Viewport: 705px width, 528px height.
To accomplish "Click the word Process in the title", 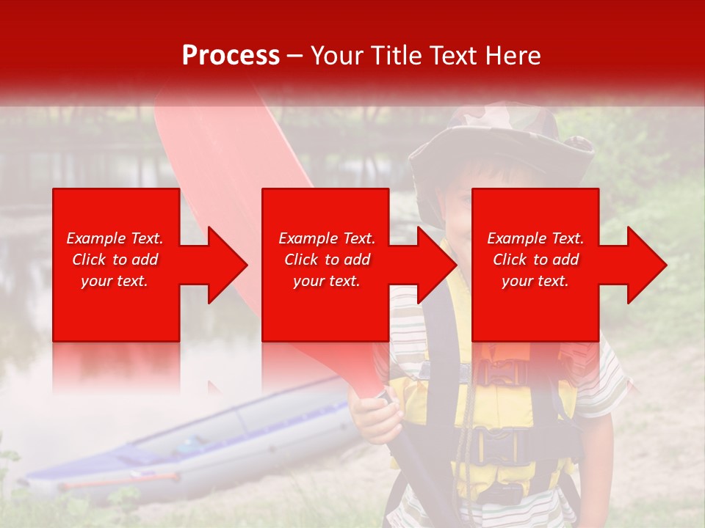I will click(231, 56).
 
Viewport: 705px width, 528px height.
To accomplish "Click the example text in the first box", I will click(115, 260).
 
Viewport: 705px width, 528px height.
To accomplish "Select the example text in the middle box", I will click(326, 260).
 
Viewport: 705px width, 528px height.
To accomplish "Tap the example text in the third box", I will click(535, 260).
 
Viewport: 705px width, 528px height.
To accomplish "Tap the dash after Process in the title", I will click(295, 56).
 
